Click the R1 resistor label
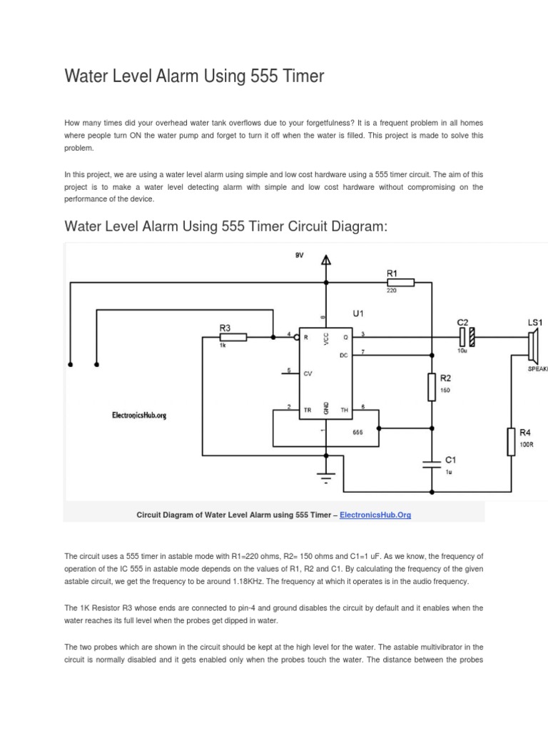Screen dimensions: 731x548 point(392,272)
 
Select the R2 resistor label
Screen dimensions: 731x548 point(445,378)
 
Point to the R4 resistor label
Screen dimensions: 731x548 point(525,433)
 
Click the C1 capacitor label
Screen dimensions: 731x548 point(450,459)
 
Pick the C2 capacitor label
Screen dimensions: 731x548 point(462,322)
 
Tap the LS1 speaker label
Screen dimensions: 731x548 point(535,323)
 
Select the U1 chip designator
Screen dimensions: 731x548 point(358,313)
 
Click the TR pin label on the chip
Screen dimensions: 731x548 point(308,410)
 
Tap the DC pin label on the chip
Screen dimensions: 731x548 point(344,355)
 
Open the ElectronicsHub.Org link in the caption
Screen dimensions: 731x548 point(375,515)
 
